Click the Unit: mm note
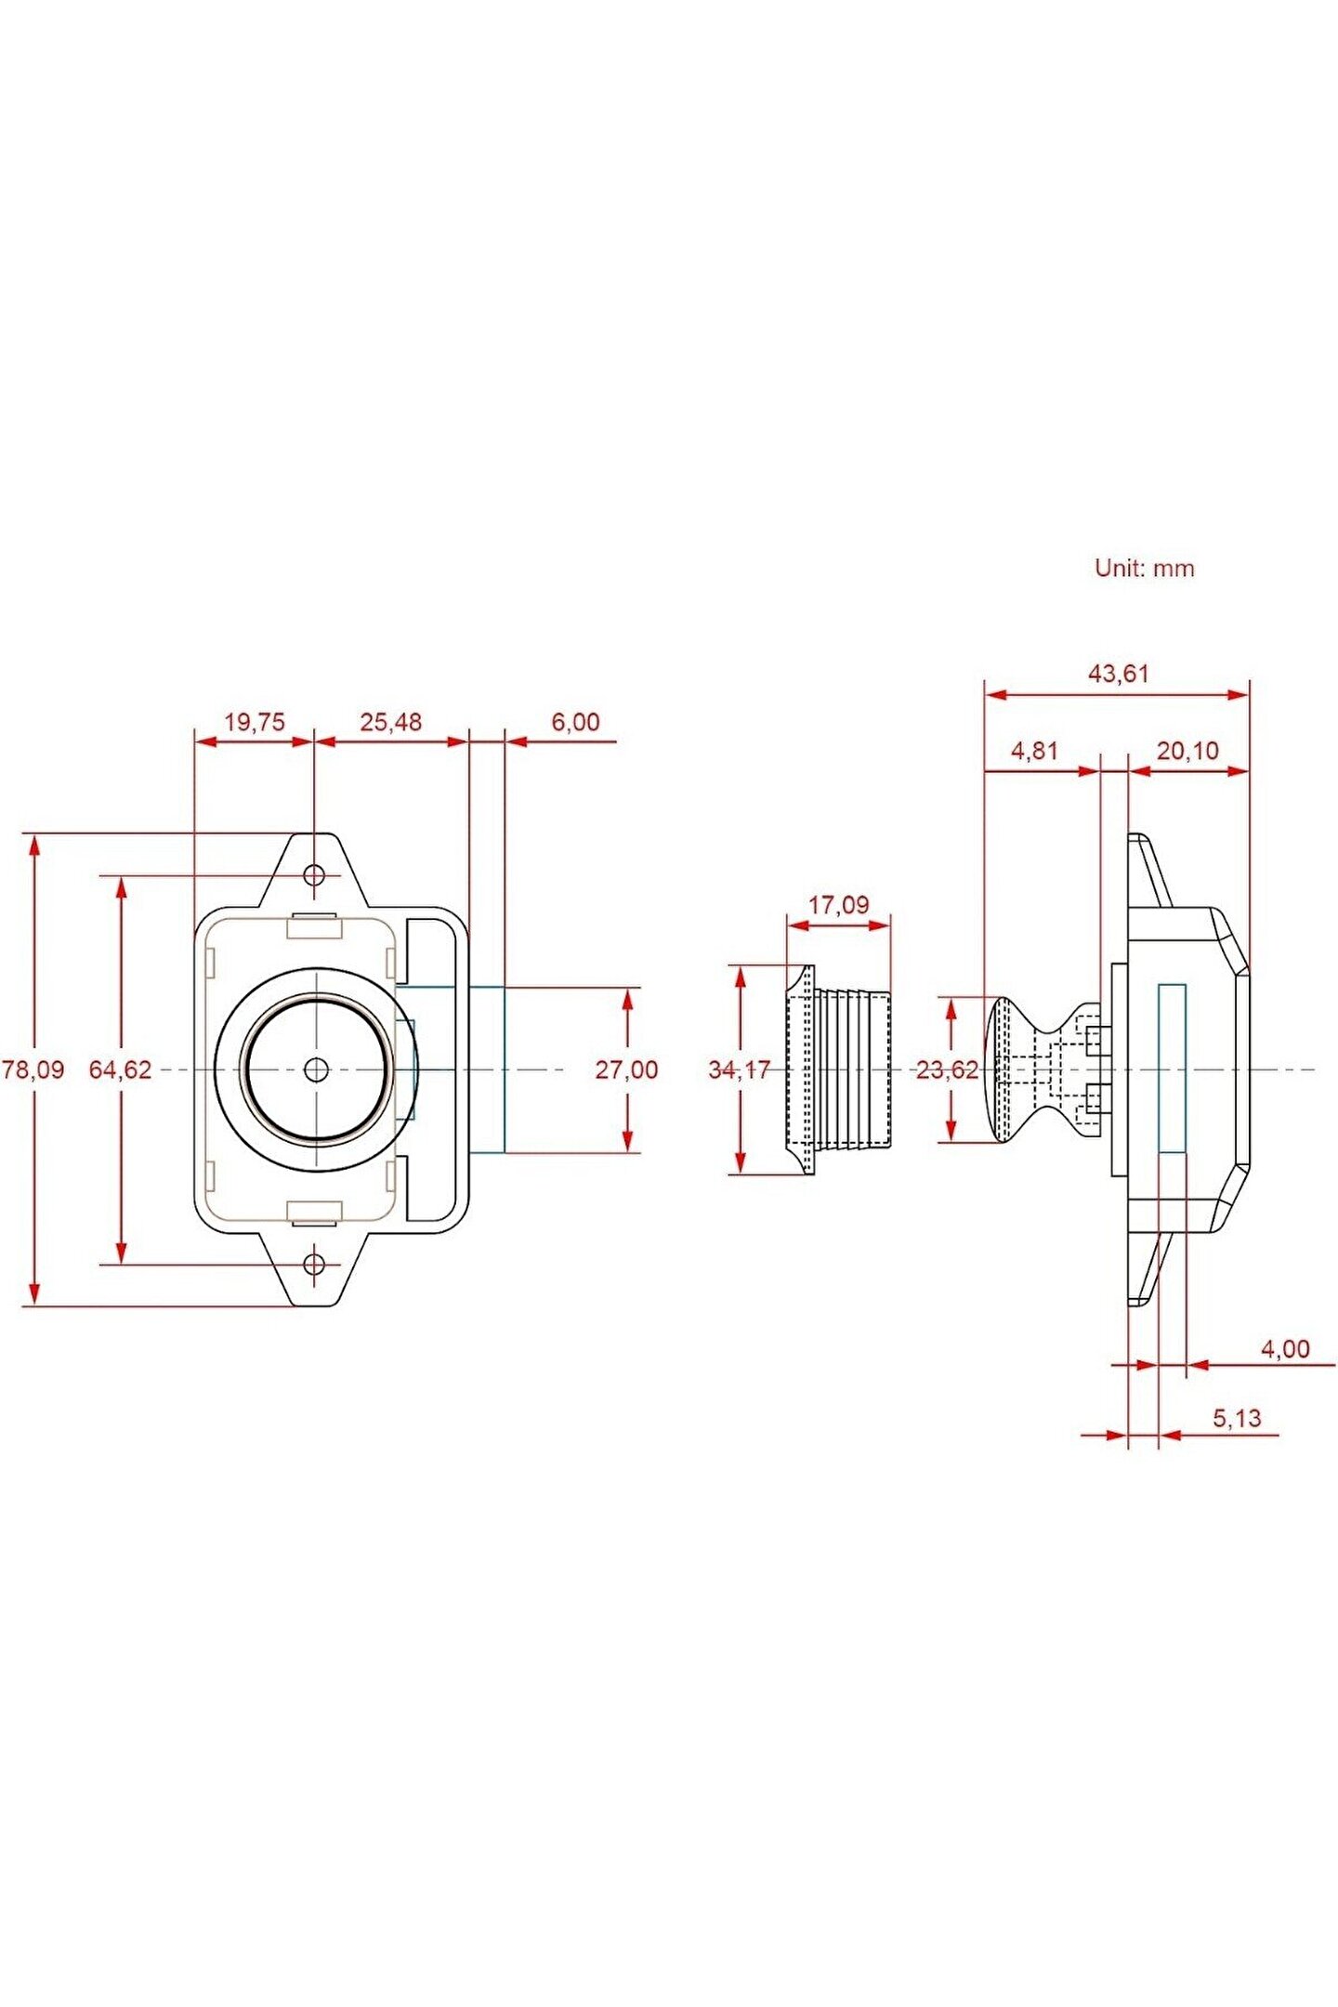(x=1144, y=568)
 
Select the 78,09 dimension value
(x=33, y=1069)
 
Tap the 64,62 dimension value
(x=120, y=1069)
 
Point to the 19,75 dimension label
(x=255, y=722)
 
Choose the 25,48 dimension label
(x=390, y=722)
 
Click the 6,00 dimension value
(x=575, y=722)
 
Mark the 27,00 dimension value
(x=626, y=1069)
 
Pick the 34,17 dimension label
(x=739, y=1069)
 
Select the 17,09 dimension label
(x=838, y=904)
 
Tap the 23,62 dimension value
(x=947, y=1069)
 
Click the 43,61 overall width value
(x=1119, y=674)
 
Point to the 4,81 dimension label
(x=1034, y=751)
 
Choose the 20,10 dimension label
(x=1187, y=751)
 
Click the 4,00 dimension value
(x=1285, y=1348)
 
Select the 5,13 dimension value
(x=1237, y=1418)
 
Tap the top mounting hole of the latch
(x=315, y=874)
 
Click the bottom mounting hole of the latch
(x=315, y=1264)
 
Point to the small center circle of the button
(x=316, y=1069)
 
